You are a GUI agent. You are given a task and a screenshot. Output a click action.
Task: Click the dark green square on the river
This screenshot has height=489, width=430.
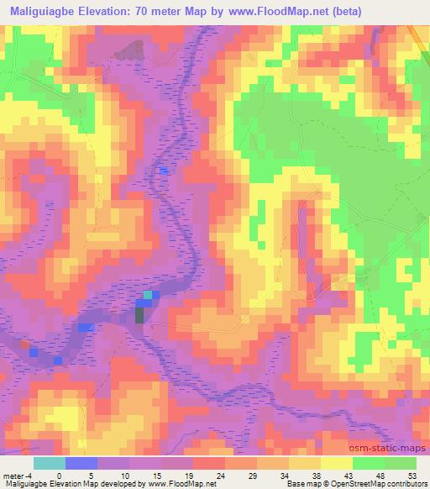point(139,315)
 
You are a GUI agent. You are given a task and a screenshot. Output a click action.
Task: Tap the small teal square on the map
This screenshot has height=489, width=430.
point(149,295)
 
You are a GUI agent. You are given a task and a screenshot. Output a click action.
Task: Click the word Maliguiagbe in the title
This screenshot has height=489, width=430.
point(49,11)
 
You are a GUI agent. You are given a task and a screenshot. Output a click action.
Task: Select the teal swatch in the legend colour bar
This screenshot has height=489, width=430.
point(49,463)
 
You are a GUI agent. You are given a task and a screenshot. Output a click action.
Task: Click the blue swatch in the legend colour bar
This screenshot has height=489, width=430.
point(81,463)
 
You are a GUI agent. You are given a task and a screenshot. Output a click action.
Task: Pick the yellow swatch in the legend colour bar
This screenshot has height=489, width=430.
point(337,463)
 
